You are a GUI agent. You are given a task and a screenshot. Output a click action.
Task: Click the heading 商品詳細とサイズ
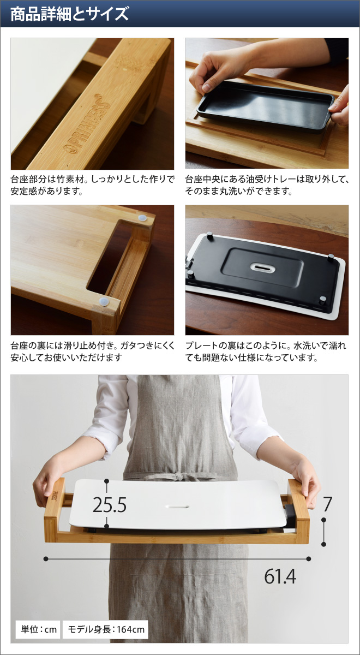(69, 14)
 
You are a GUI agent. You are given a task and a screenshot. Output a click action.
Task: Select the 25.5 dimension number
(109, 505)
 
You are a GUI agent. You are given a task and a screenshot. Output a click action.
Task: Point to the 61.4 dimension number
(280, 576)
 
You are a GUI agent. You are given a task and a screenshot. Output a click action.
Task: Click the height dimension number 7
(327, 504)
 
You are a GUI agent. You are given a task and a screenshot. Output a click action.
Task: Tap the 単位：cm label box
(37, 629)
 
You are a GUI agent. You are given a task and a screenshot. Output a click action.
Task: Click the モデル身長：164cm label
(106, 629)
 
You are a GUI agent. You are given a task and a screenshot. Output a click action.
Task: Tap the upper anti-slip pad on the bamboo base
(143, 218)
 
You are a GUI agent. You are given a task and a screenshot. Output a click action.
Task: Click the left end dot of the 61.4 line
(46, 558)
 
